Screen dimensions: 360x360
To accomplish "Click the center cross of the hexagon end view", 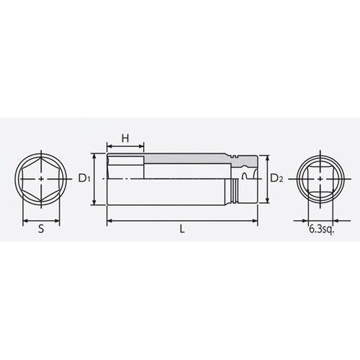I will click(42, 179).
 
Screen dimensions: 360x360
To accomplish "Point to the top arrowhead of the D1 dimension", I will click(94, 155).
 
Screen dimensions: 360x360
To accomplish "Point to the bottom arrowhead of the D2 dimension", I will click(268, 203).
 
